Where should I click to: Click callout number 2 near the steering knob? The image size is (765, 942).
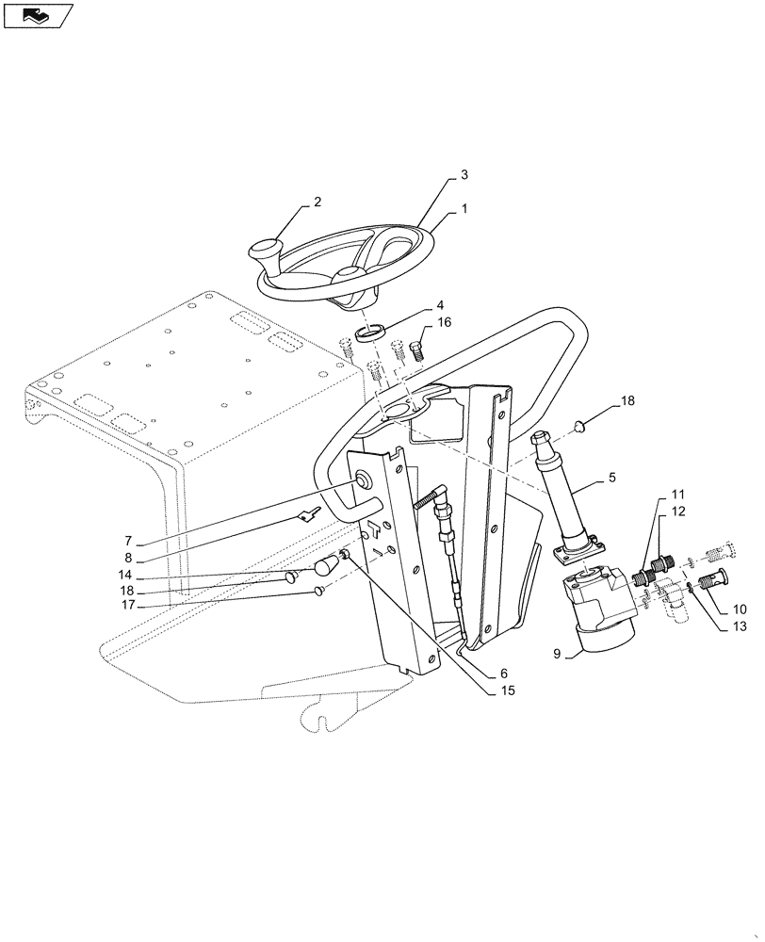click(x=317, y=202)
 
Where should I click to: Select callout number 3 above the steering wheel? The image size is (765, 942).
click(x=464, y=175)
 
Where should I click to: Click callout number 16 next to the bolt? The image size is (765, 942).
click(x=444, y=322)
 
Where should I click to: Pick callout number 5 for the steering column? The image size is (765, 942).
click(x=611, y=479)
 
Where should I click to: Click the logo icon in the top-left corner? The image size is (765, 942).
click(x=39, y=15)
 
